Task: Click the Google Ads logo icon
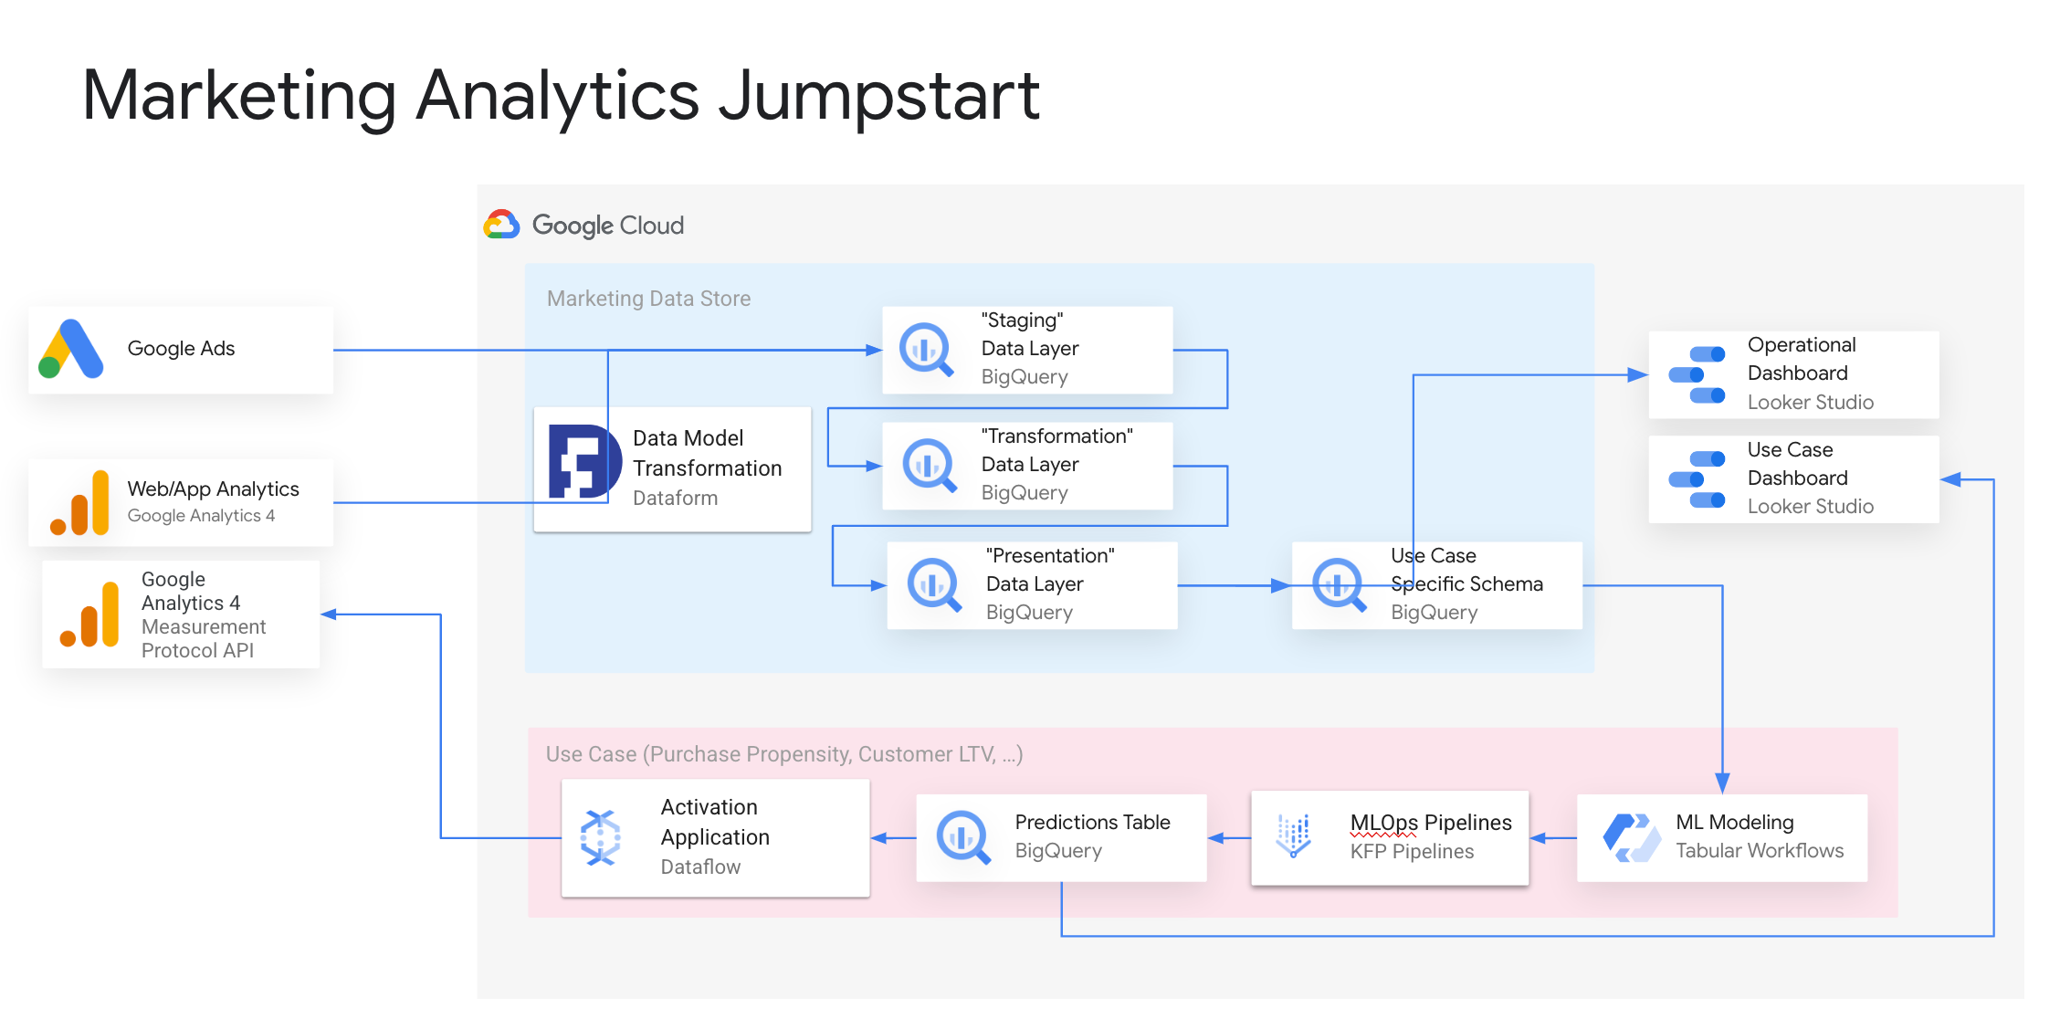(71, 349)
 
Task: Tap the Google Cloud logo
(501, 225)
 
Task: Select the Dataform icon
(579, 462)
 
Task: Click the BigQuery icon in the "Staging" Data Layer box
(926, 349)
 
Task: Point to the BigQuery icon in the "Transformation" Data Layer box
(929, 465)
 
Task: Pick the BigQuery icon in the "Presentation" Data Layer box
(933, 584)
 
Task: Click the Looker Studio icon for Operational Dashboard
(1697, 374)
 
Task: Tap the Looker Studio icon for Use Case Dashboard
(1697, 478)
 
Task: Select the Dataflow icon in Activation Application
(601, 837)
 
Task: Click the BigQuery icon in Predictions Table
(962, 836)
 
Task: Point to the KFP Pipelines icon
(1294, 835)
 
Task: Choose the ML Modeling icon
(1632, 836)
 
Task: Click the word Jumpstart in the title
(878, 97)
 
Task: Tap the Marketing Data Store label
(648, 299)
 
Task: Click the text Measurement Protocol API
(203, 638)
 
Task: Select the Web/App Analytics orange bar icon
(80, 504)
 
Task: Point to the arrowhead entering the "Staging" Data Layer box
(874, 350)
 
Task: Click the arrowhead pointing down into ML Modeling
(1722, 783)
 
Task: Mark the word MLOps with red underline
(1383, 823)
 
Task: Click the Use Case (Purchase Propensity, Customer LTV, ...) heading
(783, 754)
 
